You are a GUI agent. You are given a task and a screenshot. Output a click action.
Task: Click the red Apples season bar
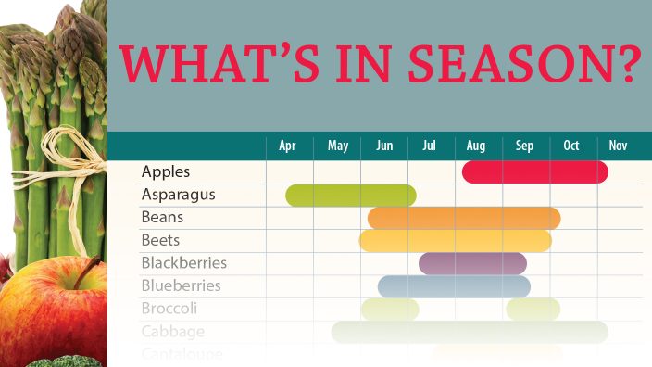[x=534, y=172]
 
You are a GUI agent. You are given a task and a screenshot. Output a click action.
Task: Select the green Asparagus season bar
[x=350, y=195]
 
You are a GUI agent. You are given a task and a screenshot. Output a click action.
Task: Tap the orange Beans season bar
[x=463, y=218]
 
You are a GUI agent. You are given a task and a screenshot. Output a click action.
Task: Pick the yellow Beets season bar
[x=455, y=241]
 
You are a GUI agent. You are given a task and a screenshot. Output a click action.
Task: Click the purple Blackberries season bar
[x=472, y=264]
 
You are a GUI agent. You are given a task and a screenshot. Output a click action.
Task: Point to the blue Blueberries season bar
[x=454, y=286]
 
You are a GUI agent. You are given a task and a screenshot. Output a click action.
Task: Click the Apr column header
[x=287, y=146]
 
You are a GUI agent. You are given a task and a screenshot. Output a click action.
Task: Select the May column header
[x=338, y=146]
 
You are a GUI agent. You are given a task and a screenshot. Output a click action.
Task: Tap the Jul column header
[x=429, y=146]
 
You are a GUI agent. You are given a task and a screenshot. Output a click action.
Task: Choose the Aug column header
[x=476, y=146]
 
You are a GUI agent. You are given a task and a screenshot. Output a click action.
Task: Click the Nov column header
[x=618, y=146]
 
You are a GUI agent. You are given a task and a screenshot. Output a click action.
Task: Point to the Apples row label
[x=166, y=172]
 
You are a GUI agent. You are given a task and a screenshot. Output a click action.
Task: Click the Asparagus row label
[x=178, y=195]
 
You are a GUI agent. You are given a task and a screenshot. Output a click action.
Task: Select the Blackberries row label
[x=183, y=263]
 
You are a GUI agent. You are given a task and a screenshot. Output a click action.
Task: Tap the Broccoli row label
[x=169, y=309]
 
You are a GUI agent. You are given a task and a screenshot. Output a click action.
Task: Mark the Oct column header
[x=570, y=146]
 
